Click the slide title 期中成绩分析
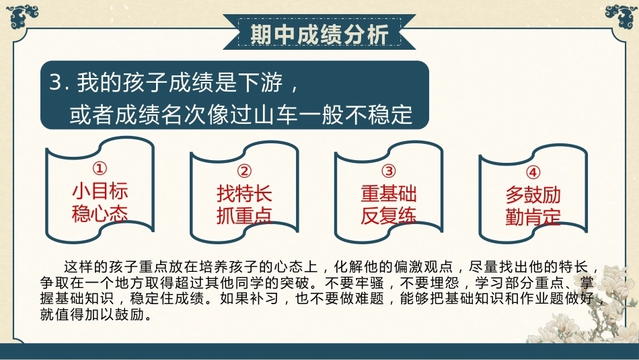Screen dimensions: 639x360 [x=319, y=34]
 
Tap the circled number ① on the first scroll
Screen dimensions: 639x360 [x=100, y=168]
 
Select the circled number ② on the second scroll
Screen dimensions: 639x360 [x=244, y=171]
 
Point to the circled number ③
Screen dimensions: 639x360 [x=389, y=171]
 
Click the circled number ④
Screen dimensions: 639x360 [x=533, y=172]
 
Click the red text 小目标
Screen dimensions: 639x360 [x=100, y=191]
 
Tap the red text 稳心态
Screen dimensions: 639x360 [x=100, y=213]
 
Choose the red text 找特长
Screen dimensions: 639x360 [x=245, y=193]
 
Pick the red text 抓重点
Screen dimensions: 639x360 [x=245, y=215]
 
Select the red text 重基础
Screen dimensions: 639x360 [x=389, y=193]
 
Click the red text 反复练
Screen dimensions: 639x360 [x=389, y=215]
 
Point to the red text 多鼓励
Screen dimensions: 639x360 [x=533, y=195]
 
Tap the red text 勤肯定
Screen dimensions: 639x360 [x=533, y=217]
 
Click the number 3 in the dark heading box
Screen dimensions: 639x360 [x=56, y=82]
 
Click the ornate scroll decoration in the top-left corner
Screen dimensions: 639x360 [x=22, y=17]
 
